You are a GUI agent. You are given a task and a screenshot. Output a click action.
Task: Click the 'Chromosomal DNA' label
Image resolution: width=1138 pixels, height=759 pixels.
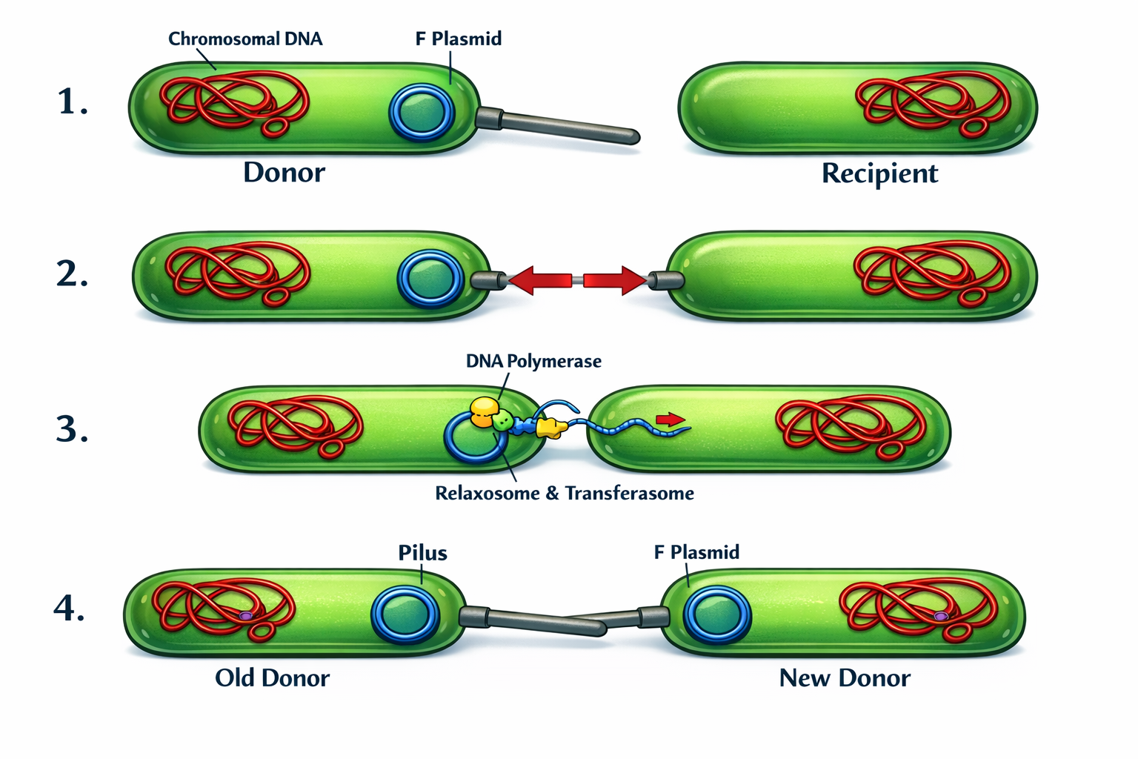(x=245, y=39)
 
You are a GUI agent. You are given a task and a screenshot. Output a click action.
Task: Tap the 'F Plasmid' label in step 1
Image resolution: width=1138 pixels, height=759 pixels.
(x=458, y=39)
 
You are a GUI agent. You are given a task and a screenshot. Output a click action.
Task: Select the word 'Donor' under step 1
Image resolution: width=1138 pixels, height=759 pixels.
(x=284, y=173)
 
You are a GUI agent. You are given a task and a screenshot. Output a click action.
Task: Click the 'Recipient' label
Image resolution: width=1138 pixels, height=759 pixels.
(x=879, y=173)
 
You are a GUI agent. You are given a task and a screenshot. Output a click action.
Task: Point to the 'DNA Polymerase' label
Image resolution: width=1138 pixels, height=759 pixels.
(x=533, y=362)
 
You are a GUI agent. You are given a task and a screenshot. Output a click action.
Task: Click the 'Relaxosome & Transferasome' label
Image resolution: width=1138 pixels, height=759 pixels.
(x=565, y=494)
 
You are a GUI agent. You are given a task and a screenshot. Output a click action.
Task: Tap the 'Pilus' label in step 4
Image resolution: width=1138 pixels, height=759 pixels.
(x=422, y=553)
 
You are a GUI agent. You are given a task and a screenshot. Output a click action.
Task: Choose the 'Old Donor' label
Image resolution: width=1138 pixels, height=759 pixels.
(x=272, y=677)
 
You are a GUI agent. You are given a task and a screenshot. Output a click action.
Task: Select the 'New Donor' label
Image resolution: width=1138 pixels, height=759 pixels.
(x=845, y=677)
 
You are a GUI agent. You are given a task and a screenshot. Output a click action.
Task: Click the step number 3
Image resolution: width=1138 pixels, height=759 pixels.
(x=72, y=430)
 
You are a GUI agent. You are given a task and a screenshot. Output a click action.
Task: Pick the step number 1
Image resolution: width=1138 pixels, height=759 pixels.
(x=72, y=102)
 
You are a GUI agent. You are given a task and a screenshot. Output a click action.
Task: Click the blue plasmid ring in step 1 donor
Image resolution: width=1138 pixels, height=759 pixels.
(x=421, y=112)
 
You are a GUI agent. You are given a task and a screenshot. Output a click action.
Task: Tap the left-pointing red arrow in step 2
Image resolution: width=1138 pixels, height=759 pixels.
(x=540, y=281)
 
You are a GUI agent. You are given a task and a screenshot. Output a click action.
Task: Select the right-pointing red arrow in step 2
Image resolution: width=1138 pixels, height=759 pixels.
(x=614, y=281)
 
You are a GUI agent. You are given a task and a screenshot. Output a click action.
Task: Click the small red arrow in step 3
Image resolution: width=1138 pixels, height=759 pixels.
(x=671, y=420)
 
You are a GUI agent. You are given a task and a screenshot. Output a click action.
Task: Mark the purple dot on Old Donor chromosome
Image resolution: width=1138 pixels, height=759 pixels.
(x=246, y=615)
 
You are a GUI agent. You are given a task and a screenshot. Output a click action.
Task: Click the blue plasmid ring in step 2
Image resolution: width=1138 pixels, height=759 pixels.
(x=430, y=279)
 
